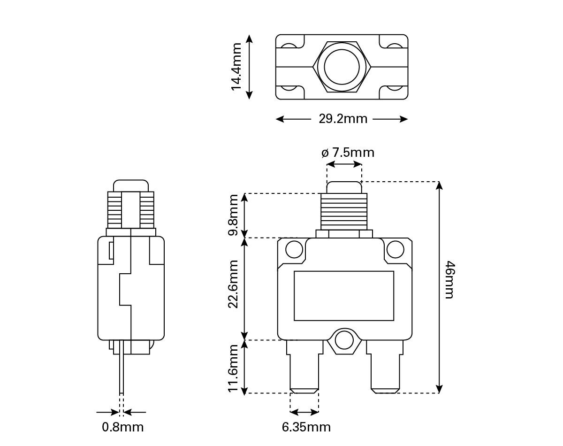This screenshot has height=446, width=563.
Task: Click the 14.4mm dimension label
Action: pos(236,67)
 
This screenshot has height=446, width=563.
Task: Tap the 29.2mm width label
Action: pos(343,119)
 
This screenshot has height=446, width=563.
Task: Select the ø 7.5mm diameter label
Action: pos(348,153)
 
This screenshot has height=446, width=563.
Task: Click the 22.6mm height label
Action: pos(233,285)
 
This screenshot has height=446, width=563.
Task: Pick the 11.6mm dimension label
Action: pos(233,368)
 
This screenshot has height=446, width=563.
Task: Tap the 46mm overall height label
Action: pos(449,280)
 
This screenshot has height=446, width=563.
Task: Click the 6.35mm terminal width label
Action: pos(306,427)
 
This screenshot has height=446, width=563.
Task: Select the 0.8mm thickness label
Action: pos(123,427)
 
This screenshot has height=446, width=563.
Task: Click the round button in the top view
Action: pos(342,66)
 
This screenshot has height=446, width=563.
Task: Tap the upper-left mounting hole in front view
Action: pos(294,250)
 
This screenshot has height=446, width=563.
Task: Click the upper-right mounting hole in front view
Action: pos(395,250)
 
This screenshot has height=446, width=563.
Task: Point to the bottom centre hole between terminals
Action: pos(344,340)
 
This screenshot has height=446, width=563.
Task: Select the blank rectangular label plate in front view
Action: pos(344,296)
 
